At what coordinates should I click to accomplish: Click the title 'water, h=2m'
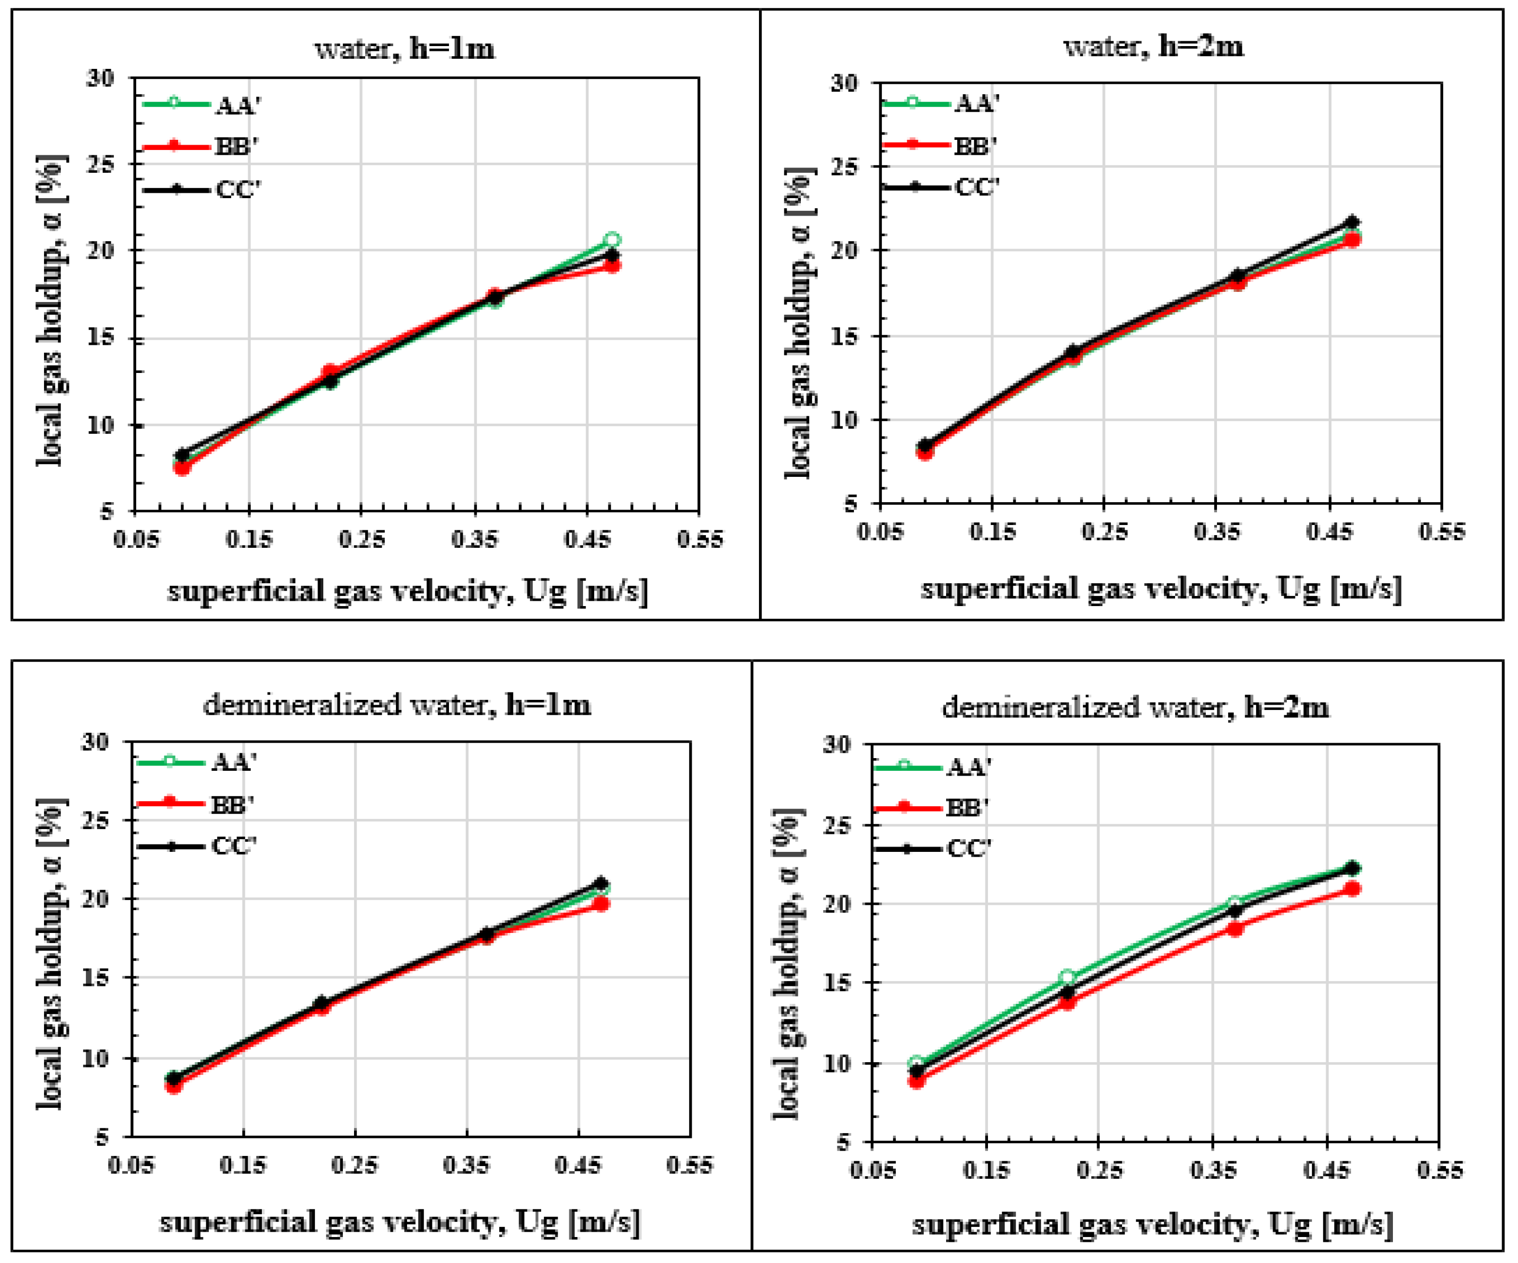pos(1154,46)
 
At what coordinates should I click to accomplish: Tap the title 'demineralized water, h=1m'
pos(397,705)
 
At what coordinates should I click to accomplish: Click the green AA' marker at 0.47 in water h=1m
pos(612,240)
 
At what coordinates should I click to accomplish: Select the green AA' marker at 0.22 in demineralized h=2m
pos(1067,977)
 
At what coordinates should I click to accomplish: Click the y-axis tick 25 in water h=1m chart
pos(101,164)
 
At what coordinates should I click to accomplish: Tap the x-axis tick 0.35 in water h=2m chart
pos(1216,532)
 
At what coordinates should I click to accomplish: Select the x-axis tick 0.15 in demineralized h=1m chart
pos(243,1165)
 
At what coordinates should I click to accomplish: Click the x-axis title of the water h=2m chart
pos(1161,589)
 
